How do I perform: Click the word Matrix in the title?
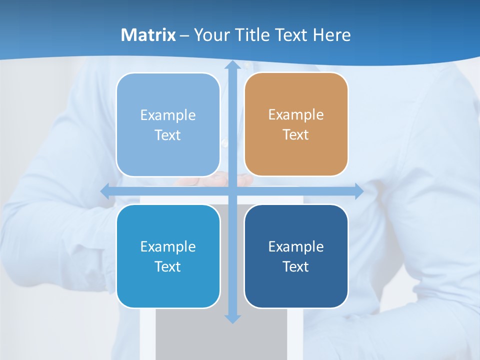pyautogui.click(x=148, y=35)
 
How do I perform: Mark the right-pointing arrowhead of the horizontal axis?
pyautogui.click(x=358, y=191)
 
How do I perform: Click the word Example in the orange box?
pyautogui.click(x=296, y=115)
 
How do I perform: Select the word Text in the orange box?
pyautogui.click(x=295, y=135)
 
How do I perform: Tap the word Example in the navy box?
pyautogui.click(x=296, y=246)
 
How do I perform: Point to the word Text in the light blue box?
pyautogui.click(x=167, y=135)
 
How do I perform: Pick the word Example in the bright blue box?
pyautogui.click(x=168, y=246)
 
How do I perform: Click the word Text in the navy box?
pyautogui.click(x=295, y=266)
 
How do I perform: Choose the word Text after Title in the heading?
pyautogui.click(x=290, y=35)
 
